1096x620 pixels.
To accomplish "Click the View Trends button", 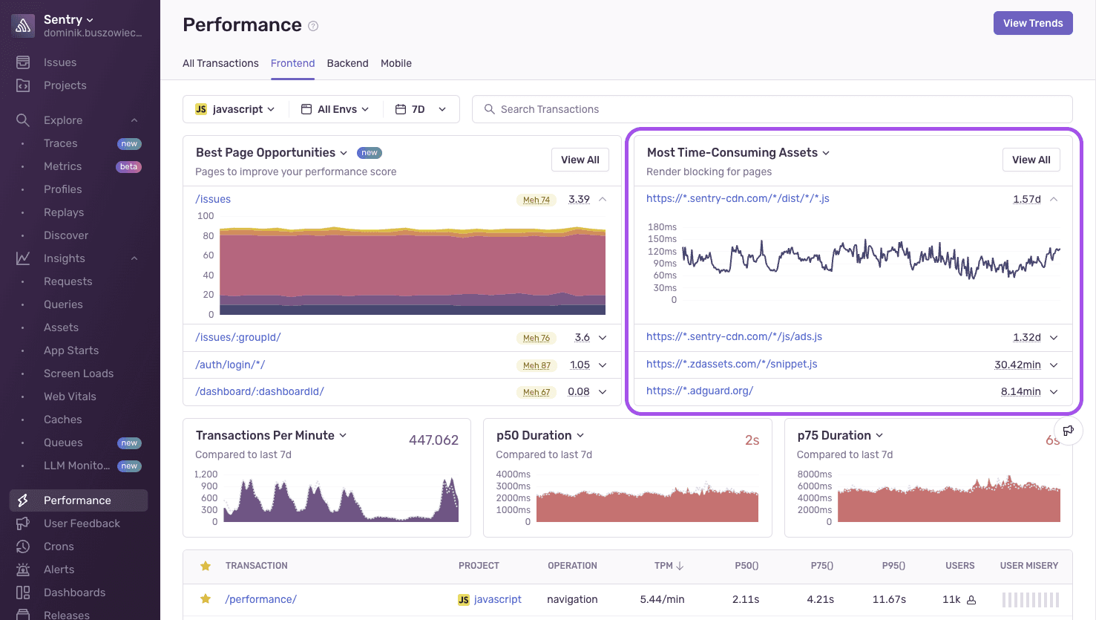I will (x=1032, y=23).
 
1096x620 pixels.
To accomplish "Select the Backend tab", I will (x=347, y=63).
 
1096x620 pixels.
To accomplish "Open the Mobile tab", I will (x=396, y=63).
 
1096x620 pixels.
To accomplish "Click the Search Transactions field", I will (x=772, y=109).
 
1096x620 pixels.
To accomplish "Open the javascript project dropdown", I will (x=235, y=109).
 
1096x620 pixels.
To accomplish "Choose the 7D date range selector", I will (x=421, y=109).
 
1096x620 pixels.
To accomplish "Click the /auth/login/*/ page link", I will (x=230, y=365).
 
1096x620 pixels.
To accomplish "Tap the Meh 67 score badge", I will (x=536, y=392).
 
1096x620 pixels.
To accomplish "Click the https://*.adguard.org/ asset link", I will (x=699, y=391).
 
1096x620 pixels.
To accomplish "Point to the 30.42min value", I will (x=1017, y=365).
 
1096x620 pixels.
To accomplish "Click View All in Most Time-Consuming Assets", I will (x=1031, y=160).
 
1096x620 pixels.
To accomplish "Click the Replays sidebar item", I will (x=64, y=212).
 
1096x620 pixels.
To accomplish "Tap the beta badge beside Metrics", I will (x=129, y=167).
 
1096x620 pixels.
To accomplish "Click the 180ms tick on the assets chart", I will (x=662, y=227).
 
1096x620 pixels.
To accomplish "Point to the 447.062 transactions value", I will (x=433, y=440).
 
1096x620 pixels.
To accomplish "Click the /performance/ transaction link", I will (x=260, y=599).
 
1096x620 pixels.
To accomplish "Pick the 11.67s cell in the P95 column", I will (x=888, y=599).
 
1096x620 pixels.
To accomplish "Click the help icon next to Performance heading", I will (x=313, y=26).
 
